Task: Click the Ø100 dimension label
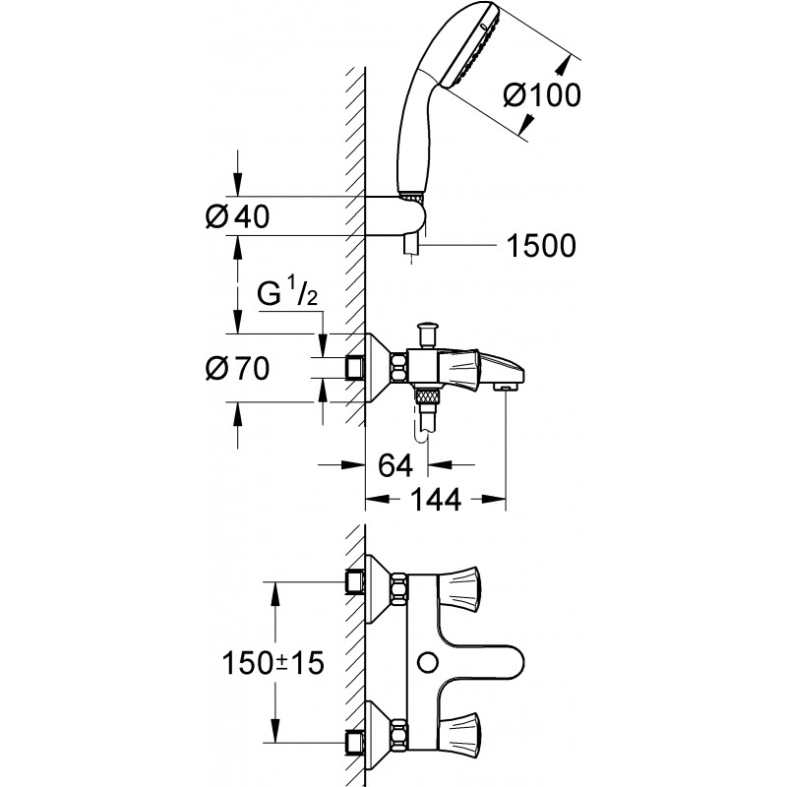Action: (x=542, y=95)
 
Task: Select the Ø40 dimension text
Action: (x=237, y=216)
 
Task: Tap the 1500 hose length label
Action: (x=541, y=245)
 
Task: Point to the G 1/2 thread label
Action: (x=287, y=293)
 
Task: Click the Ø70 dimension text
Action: (x=237, y=369)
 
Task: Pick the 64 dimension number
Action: (x=395, y=465)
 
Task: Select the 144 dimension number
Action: (x=435, y=500)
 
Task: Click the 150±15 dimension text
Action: (x=273, y=663)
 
